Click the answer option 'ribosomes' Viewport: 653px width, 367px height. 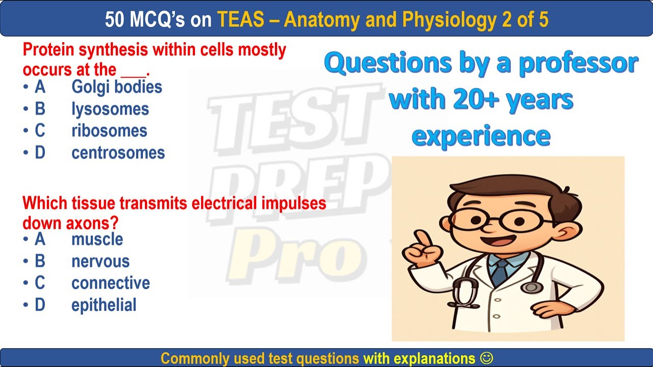click(x=109, y=131)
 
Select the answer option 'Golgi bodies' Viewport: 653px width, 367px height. click(x=116, y=87)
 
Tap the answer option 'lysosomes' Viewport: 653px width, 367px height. click(x=110, y=109)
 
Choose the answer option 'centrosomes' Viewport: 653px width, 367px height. click(x=118, y=153)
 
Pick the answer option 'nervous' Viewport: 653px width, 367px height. click(x=101, y=261)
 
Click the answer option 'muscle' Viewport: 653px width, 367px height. click(x=97, y=239)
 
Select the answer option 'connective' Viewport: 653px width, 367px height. click(x=110, y=283)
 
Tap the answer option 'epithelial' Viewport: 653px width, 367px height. click(x=104, y=305)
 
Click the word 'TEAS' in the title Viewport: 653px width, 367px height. click(x=241, y=19)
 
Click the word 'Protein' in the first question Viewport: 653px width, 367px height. click(x=50, y=50)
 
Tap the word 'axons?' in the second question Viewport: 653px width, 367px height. click(x=95, y=223)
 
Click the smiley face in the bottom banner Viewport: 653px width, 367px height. click(x=487, y=358)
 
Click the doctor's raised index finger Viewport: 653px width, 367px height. click(x=421, y=239)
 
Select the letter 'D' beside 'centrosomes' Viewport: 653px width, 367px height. click(x=40, y=153)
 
